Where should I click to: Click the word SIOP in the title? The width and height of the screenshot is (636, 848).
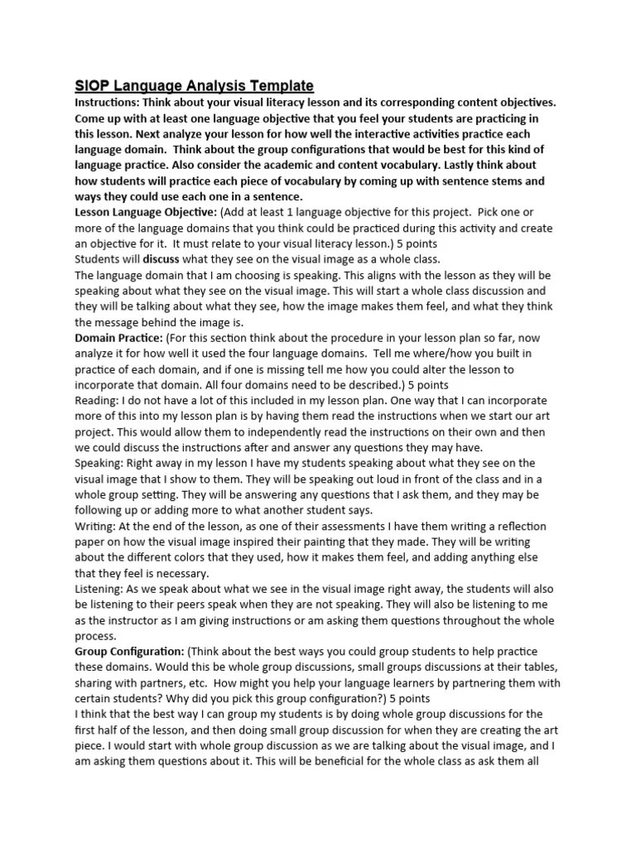(x=92, y=85)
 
